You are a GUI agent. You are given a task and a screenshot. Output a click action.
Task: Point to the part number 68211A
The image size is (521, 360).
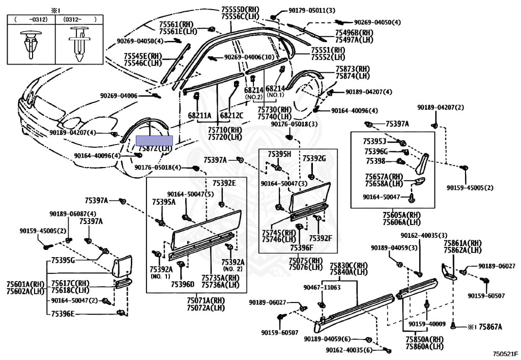point(199,116)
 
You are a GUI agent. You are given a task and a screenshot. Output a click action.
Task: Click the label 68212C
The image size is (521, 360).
point(231,116)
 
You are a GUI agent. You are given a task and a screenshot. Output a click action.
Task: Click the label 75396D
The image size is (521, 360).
point(183,284)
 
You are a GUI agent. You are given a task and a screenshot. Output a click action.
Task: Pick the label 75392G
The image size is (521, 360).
point(314,158)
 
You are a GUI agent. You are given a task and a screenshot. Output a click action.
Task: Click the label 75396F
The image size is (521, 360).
point(301,248)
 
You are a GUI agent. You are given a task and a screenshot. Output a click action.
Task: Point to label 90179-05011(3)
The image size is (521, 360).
point(305,10)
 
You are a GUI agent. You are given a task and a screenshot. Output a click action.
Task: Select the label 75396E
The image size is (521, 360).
point(63,314)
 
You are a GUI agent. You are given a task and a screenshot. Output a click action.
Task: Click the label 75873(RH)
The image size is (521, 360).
point(352,69)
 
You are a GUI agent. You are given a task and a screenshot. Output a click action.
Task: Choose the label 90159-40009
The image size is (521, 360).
point(427,324)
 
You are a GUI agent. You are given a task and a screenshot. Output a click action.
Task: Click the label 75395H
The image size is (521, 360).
point(279,154)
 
